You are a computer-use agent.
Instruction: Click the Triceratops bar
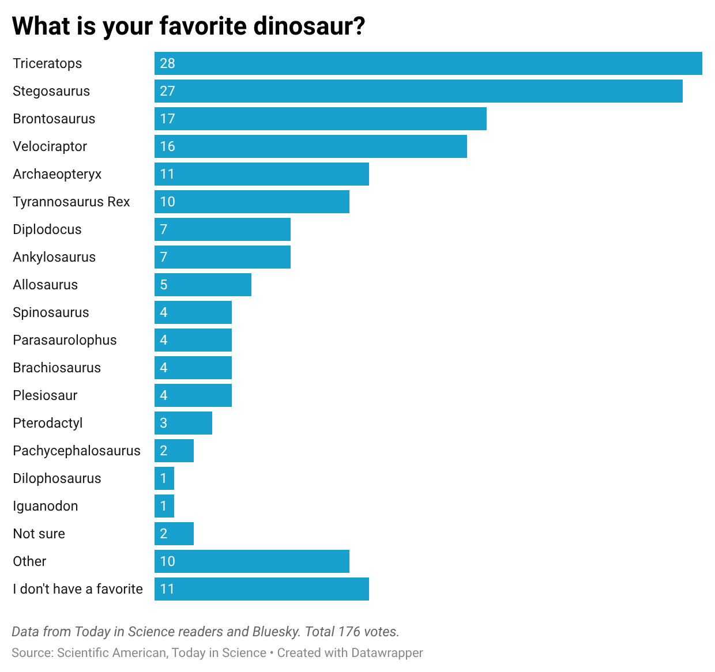[x=428, y=63]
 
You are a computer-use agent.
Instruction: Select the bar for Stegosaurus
[x=418, y=91]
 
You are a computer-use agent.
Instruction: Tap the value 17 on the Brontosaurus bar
[x=167, y=119]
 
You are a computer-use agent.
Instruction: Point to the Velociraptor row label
[x=50, y=146]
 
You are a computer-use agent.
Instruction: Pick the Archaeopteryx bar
[x=261, y=174]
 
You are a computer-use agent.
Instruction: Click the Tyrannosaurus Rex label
[x=71, y=202]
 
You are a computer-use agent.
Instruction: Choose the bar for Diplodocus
[x=222, y=229]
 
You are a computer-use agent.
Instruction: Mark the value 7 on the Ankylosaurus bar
[x=164, y=257]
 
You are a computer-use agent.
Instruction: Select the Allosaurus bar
[x=202, y=285]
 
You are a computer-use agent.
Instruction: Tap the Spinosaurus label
[x=51, y=312]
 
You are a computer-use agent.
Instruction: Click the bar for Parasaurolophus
[x=193, y=340]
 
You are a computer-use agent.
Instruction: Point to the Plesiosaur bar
[x=193, y=395]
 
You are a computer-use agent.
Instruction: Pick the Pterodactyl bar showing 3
[x=183, y=423]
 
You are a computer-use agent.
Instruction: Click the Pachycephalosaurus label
[x=77, y=451]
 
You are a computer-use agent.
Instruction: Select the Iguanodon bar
[x=164, y=506]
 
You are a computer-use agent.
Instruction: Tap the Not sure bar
[x=174, y=534]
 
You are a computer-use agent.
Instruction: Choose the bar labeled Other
[x=251, y=561]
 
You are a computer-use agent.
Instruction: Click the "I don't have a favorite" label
[x=78, y=589]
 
